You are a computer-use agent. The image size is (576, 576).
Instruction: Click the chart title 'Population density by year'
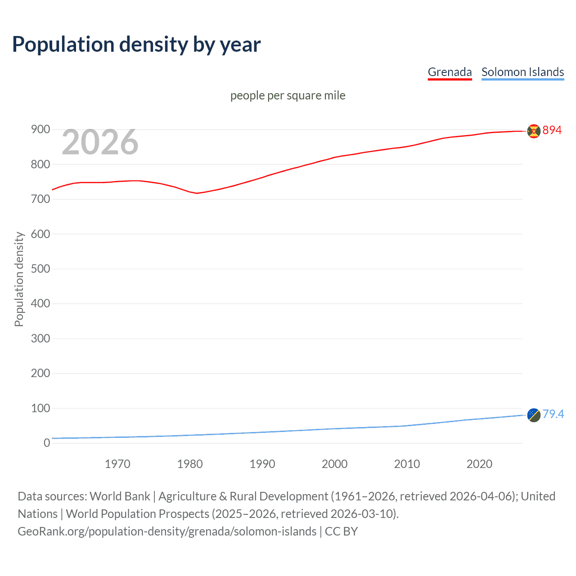point(136,45)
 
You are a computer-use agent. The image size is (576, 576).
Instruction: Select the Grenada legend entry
point(450,72)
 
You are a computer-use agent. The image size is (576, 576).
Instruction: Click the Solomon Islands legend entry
point(522,72)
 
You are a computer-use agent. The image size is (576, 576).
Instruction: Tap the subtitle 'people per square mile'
point(288,95)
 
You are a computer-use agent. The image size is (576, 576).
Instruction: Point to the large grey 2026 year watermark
point(100,142)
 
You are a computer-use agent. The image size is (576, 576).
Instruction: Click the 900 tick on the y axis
point(40,130)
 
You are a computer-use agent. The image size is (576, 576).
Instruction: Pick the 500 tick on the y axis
point(40,269)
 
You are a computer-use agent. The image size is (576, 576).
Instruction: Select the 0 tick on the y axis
point(47,443)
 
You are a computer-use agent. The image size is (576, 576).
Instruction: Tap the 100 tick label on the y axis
point(40,408)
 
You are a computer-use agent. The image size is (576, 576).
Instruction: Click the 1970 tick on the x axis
point(117,464)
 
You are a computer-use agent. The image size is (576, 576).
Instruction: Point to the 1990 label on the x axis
point(262,464)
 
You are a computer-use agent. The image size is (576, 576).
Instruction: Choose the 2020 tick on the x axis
point(479,464)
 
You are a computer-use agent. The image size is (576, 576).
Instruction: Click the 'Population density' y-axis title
point(19,279)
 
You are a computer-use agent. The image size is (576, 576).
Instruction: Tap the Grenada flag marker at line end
point(534,131)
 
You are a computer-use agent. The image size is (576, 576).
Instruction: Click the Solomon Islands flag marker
point(534,415)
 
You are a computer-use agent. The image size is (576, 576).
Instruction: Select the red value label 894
point(552,130)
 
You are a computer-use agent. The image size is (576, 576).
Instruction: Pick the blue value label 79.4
point(553,414)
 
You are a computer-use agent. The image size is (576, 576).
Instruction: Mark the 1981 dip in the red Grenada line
point(197,193)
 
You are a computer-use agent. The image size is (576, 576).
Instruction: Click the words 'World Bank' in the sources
point(120,496)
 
